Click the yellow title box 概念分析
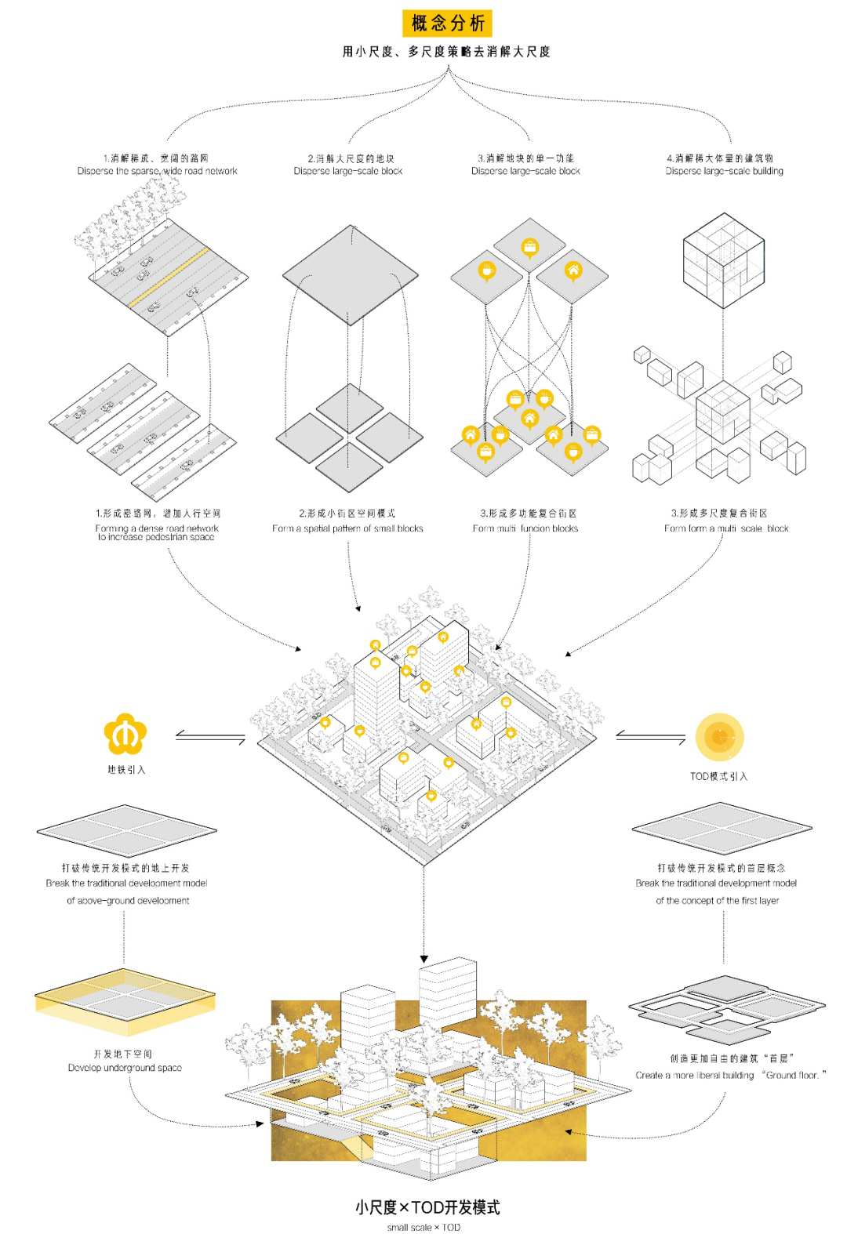click(x=447, y=24)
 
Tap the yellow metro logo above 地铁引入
click(x=125, y=735)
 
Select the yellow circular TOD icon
click(x=719, y=737)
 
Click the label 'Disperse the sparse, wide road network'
click(x=157, y=171)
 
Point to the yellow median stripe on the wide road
click(x=169, y=278)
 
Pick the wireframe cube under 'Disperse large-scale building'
click(x=723, y=260)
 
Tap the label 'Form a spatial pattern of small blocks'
click(x=347, y=528)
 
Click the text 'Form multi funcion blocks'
click(x=525, y=528)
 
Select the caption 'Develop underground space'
click(x=125, y=1068)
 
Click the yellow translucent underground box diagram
click(x=125, y=1000)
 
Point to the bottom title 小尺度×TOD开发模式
click(x=427, y=1207)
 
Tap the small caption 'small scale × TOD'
click(x=423, y=1227)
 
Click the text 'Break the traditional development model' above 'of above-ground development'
click(x=126, y=883)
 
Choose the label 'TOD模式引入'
click(x=718, y=776)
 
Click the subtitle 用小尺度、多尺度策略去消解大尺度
click(x=446, y=52)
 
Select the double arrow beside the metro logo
click(x=210, y=737)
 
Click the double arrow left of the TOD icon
click(x=650, y=736)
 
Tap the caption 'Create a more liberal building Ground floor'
click(x=730, y=1075)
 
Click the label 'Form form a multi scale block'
click(x=726, y=528)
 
